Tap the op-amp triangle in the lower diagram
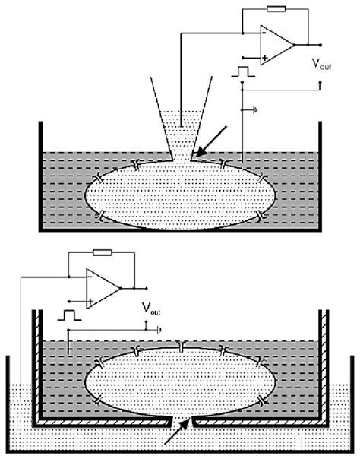tap(103, 288)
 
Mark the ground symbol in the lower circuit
tap(157, 330)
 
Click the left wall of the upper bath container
tap(39, 175)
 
